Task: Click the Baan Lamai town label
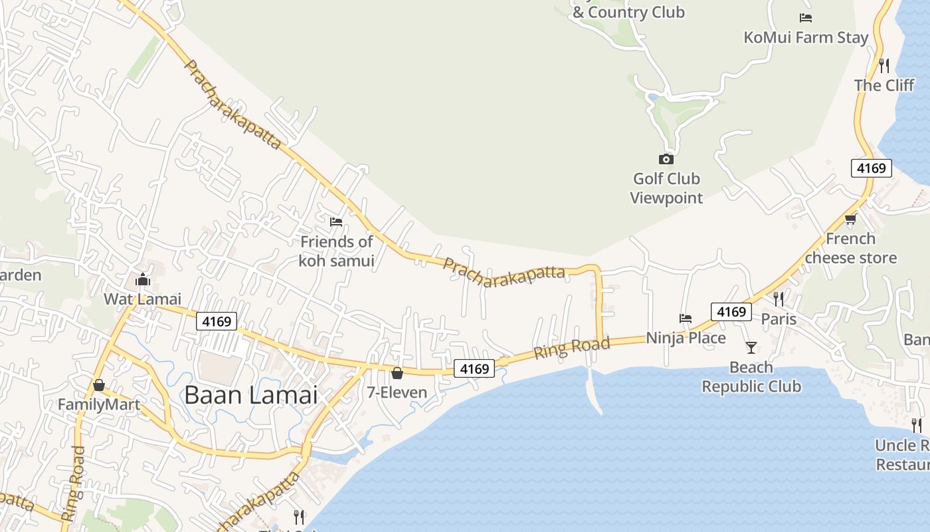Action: (x=250, y=395)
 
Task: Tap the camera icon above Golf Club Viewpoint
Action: (x=666, y=159)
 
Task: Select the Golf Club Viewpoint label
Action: (x=666, y=188)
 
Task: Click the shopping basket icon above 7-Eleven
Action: (x=397, y=373)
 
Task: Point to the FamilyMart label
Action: (x=98, y=404)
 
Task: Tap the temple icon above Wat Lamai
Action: (x=142, y=280)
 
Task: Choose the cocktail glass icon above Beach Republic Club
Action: (x=751, y=347)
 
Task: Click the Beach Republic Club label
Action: (x=751, y=377)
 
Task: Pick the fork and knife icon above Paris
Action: (x=779, y=299)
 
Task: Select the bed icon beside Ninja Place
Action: (x=686, y=319)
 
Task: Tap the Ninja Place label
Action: (x=686, y=338)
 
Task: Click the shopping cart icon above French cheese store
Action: (x=850, y=219)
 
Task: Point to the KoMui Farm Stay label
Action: (x=806, y=37)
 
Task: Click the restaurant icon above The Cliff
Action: (x=884, y=65)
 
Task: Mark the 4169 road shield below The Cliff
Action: (x=871, y=168)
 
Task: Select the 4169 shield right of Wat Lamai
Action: (x=217, y=322)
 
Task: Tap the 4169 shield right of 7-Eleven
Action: (x=474, y=368)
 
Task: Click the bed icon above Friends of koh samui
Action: (x=336, y=221)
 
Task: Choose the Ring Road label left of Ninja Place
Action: (x=572, y=348)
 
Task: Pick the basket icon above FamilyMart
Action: (x=98, y=385)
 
